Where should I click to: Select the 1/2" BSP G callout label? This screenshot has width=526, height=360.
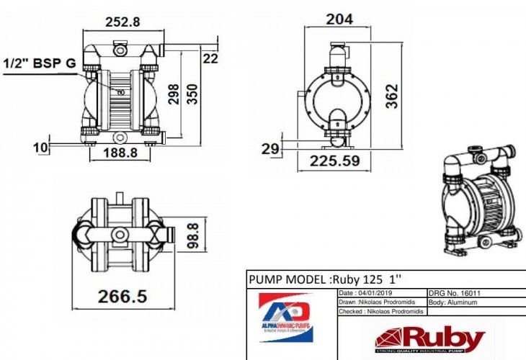tap(40, 63)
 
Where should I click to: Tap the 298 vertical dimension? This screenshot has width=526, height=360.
tap(174, 94)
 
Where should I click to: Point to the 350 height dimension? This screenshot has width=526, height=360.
tap(192, 94)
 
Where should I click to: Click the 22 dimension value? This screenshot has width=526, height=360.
tap(210, 59)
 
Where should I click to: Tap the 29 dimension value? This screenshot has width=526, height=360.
tap(270, 149)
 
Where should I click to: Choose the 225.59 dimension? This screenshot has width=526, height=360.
tap(334, 161)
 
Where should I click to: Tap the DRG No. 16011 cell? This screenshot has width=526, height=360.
tap(454, 294)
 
